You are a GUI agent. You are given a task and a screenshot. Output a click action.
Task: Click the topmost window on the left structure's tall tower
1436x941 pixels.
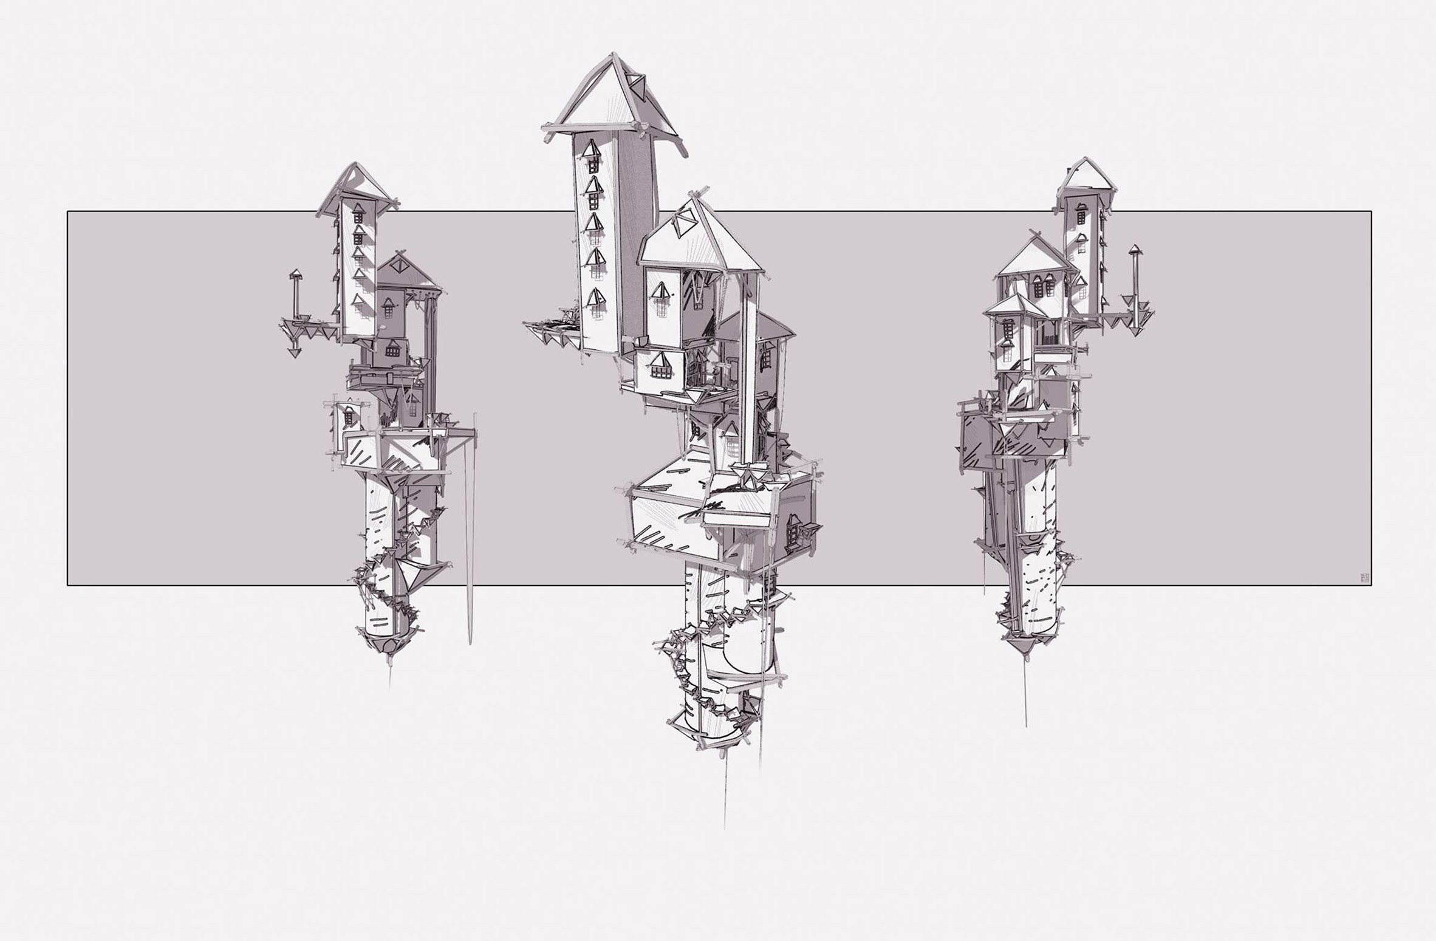point(358,213)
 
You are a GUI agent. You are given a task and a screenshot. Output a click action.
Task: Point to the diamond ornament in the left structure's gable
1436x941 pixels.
point(398,266)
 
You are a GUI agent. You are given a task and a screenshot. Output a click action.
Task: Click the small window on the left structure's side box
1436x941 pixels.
point(350,416)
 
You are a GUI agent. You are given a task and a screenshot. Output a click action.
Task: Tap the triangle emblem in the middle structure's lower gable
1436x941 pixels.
point(685,228)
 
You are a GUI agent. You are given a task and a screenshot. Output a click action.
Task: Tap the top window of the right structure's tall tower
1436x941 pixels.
point(1082,213)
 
